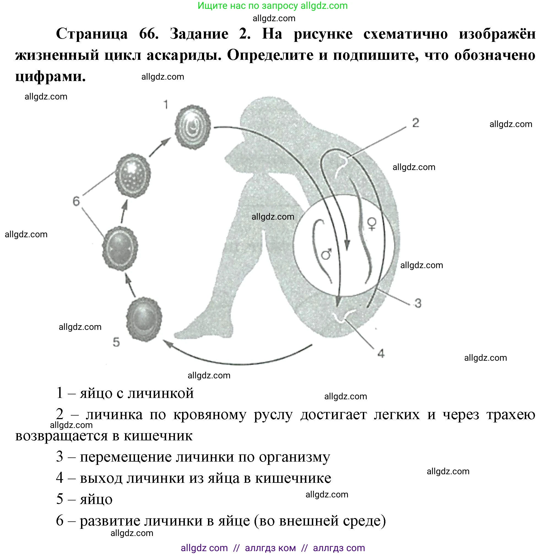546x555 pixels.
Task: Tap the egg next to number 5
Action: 144,319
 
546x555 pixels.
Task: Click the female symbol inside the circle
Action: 372,224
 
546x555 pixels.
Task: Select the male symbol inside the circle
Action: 326,254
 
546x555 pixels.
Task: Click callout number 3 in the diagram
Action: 418,303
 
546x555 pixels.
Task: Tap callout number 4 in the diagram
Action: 381,353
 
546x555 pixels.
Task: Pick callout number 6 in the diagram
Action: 76,201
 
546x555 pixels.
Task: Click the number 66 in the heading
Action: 148,34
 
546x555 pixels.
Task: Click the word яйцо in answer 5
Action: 96,499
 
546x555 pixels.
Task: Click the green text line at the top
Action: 272,6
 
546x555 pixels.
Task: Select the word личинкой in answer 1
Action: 161,393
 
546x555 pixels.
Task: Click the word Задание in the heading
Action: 199,34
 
